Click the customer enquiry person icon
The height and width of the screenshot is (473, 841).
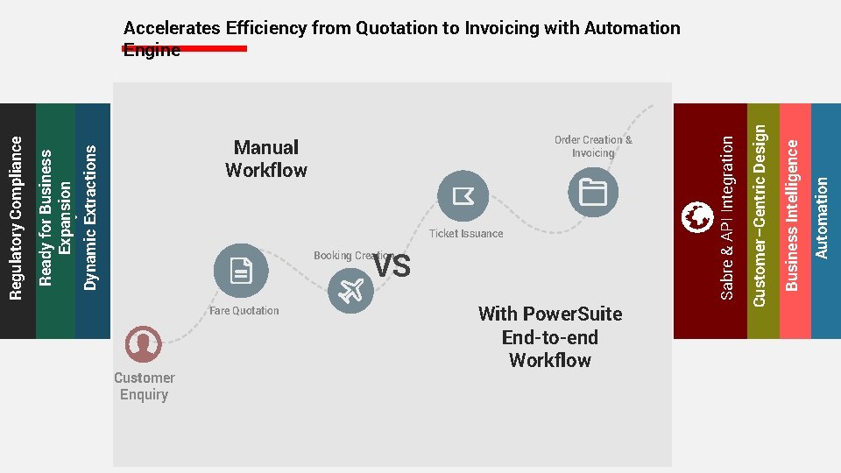(143, 344)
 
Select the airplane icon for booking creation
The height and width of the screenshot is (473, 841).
(350, 290)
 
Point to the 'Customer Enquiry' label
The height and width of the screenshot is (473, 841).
(144, 386)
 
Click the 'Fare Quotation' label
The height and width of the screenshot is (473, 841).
(244, 311)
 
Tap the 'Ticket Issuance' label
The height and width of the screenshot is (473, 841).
(466, 234)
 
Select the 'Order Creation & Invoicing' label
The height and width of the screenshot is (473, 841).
(593, 146)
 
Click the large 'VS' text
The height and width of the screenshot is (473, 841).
(392, 266)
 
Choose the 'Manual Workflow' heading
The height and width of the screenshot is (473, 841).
(266, 159)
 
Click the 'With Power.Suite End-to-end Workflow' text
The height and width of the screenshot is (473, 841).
(550, 337)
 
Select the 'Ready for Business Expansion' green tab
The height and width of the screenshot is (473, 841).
(55, 219)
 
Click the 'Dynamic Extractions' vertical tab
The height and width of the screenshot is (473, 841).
(91, 219)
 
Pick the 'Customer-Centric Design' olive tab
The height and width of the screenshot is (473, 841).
(760, 219)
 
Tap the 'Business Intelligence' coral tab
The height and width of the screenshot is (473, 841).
(793, 219)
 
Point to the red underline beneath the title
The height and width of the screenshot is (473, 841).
(185, 49)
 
